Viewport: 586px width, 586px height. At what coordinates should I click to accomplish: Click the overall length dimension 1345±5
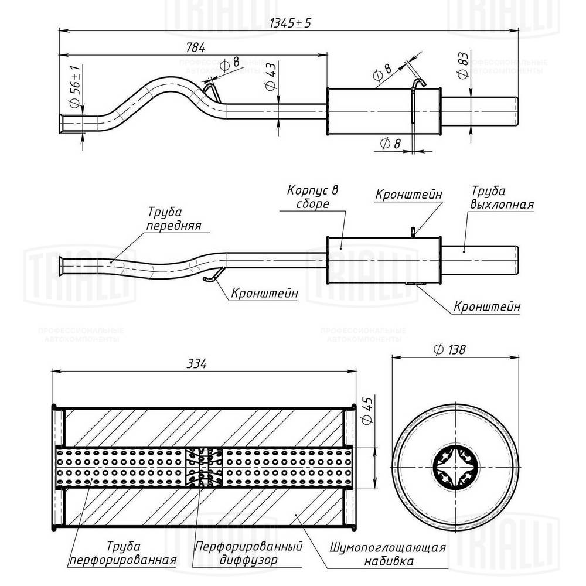[x=290, y=23]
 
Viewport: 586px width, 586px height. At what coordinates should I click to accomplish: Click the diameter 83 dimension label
[x=462, y=66]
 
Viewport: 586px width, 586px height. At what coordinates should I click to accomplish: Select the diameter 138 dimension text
[x=449, y=350]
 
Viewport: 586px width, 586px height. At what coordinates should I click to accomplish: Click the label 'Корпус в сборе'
[x=314, y=197]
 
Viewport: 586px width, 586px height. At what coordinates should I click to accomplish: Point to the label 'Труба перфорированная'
[x=123, y=553]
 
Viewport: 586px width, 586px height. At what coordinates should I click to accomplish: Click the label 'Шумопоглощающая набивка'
[x=388, y=554]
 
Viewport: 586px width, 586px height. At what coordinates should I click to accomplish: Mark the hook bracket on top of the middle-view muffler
[x=413, y=232]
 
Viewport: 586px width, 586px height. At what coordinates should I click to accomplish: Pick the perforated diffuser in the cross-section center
[x=203, y=467]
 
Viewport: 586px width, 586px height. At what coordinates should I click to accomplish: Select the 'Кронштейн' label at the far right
[x=487, y=306]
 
